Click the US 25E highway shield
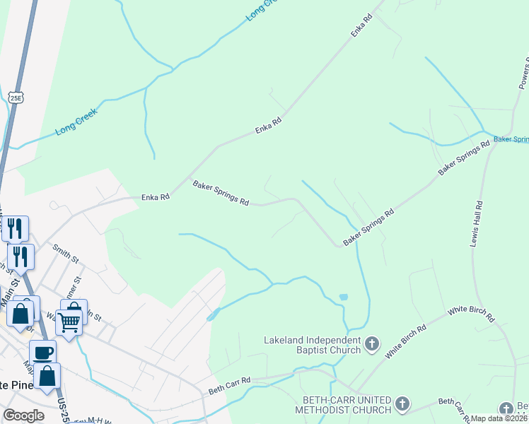click(x=16, y=97)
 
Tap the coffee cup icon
click(x=43, y=353)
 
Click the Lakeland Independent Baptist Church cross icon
click(x=372, y=345)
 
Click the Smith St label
click(x=64, y=252)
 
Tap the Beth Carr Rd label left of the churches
click(x=230, y=385)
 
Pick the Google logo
click(x=23, y=416)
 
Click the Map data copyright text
click(x=499, y=418)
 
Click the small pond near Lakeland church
click(x=343, y=297)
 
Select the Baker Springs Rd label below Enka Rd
click(x=221, y=193)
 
